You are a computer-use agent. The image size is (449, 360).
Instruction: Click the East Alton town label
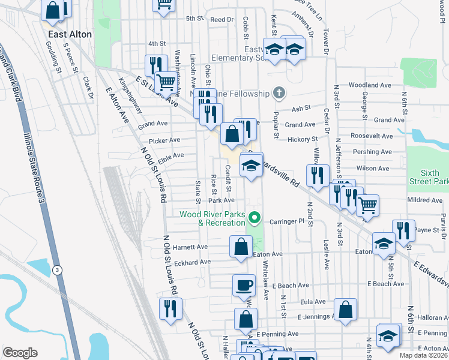(x=70, y=34)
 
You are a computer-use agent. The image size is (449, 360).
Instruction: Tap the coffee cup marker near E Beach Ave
(x=244, y=285)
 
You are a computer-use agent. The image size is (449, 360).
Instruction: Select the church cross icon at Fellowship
(x=278, y=93)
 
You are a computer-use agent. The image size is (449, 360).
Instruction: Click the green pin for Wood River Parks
(x=254, y=218)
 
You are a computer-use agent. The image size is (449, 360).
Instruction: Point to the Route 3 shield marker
(x=57, y=269)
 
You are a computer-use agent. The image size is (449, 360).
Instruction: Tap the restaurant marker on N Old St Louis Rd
(x=170, y=308)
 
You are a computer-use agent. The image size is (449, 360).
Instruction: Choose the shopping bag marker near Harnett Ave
(x=241, y=247)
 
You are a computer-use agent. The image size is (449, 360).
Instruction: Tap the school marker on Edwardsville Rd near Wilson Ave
(x=251, y=166)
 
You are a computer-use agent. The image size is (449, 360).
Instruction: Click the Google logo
(x=20, y=353)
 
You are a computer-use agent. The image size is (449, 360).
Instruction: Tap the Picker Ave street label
(x=165, y=140)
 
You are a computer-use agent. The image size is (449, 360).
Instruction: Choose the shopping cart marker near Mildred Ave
(x=367, y=205)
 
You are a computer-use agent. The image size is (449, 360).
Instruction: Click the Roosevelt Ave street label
(x=371, y=136)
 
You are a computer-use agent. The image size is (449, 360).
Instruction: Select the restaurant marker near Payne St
(x=403, y=230)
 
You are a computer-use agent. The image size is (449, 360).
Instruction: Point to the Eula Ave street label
(x=313, y=301)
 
